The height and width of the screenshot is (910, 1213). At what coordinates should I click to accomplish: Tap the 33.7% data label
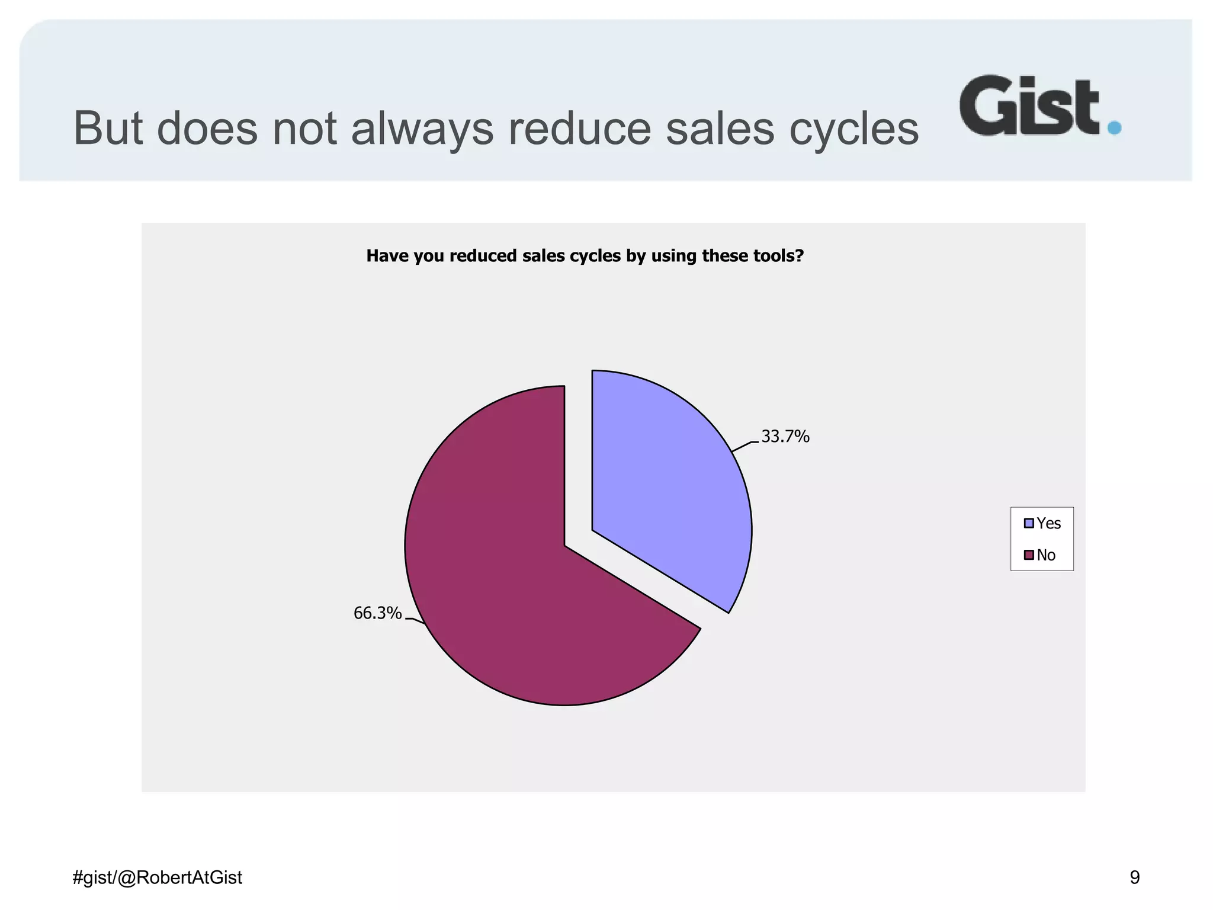[x=785, y=437]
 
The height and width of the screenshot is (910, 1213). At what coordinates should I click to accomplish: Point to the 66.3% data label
[x=377, y=613]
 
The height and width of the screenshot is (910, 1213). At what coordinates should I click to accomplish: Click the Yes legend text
[x=1048, y=523]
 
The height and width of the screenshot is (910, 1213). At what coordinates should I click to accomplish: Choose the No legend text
[x=1046, y=555]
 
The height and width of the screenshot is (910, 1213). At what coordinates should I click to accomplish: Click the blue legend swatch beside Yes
[x=1029, y=523]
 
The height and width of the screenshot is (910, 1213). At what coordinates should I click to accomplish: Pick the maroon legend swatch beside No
[x=1029, y=555]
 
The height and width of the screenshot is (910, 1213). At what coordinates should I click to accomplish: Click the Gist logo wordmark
[x=1029, y=105]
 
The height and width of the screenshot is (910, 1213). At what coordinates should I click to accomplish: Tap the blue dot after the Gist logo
[x=1114, y=127]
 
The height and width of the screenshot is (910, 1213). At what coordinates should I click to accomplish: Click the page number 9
[x=1134, y=877]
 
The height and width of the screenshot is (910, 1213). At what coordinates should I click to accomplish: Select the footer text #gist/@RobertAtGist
[x=157, y=877]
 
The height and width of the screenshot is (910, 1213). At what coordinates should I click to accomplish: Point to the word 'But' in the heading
[x=107, y=129]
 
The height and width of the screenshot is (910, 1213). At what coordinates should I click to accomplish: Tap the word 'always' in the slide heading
[x=422, y=129]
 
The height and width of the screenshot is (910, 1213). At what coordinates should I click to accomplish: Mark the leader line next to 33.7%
[x=745, y=446]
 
